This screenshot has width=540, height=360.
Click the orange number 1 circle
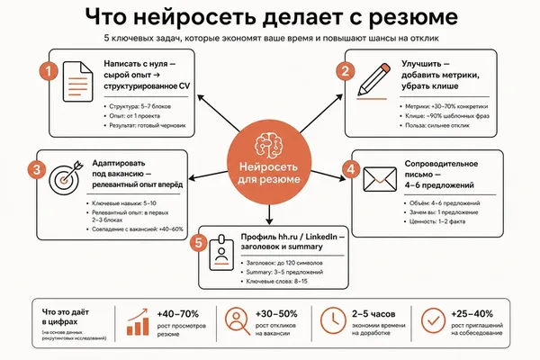(49, 71)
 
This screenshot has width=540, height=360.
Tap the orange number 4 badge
(351, 169)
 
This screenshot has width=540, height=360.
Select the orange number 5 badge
(199, 243)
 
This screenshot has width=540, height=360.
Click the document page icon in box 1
(77, 82)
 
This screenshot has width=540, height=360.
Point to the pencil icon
(373, 80)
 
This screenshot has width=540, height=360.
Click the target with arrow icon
(66, 177)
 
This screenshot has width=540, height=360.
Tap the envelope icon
(380, 179)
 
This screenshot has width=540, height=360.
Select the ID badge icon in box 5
(221, 252)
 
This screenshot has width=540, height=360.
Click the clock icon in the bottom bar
(333, 320)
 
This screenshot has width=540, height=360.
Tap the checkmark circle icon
(433, 320)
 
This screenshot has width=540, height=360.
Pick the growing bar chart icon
(138, 322)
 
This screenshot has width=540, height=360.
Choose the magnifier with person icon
(238, 321)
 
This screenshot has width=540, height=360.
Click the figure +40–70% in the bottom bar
(177, 314)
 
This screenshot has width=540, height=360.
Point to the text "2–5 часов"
(373, 314)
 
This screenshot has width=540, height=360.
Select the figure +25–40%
(472, 314)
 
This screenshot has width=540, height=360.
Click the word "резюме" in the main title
(413, 17)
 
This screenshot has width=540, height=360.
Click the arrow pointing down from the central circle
(269, 214)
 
